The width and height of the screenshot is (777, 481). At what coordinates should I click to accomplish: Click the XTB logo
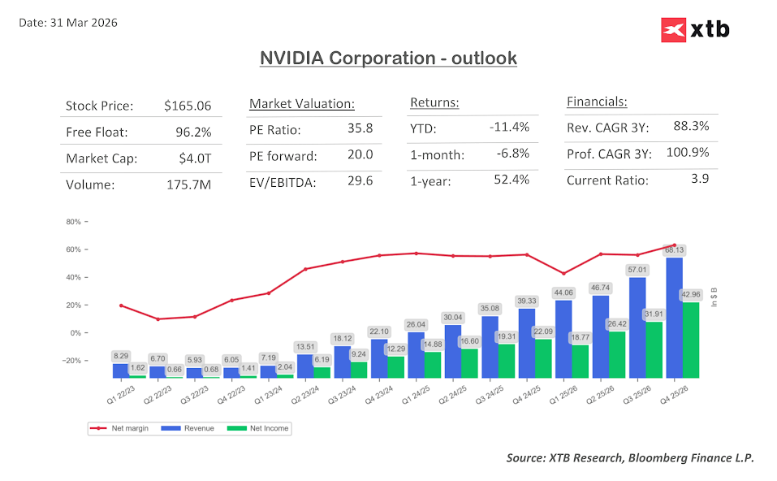pos(695,30)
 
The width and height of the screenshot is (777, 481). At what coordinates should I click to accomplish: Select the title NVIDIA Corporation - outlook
pos(388,58)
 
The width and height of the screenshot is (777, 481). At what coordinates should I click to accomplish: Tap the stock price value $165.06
pos(187,106)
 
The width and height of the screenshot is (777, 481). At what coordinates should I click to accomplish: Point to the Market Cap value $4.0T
pos(193,158)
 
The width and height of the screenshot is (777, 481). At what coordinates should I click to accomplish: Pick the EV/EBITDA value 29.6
pos(359,180)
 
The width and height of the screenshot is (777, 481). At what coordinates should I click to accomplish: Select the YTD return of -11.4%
pos(509,127)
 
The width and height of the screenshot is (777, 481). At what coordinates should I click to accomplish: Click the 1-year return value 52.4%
pos(511,180)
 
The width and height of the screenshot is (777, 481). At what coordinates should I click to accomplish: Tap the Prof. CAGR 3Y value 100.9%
pos(687,152)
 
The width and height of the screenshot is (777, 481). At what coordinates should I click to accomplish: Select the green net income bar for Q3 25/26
pos(654,349)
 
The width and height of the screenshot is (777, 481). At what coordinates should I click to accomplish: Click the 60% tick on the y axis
pos(73,249)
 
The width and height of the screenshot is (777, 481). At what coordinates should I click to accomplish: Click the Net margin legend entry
pos(121,428)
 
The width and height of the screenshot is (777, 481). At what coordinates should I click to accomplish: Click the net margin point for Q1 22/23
pos(120,305)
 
